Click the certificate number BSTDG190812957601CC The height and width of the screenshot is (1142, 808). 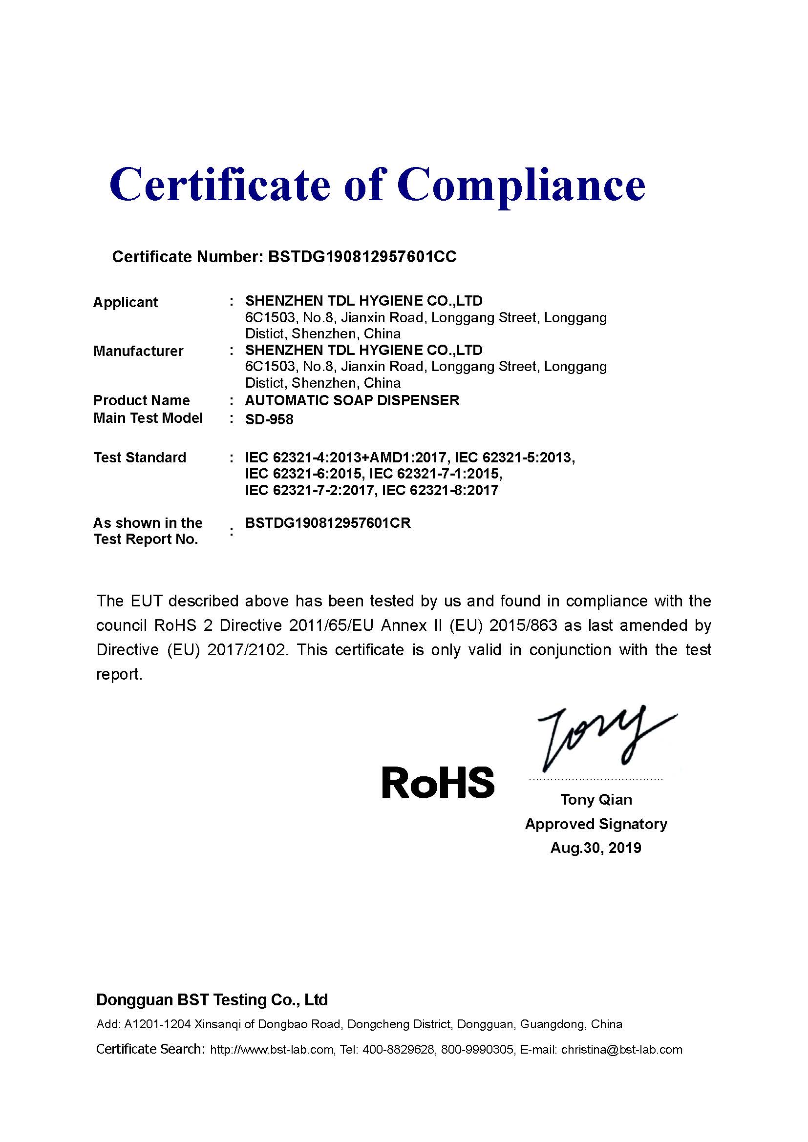(361, 257)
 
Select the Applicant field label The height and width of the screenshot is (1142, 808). (126, 302)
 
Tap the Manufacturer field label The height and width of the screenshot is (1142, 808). (138, 351)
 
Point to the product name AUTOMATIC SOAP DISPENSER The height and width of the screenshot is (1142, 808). (352, 400)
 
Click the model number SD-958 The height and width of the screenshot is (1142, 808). (269, 419)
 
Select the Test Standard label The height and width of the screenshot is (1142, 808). (140, 457)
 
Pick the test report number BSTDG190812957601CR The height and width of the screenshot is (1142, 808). (328, 523)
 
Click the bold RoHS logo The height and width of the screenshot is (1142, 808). (438, 782)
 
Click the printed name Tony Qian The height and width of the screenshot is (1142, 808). (596, 799)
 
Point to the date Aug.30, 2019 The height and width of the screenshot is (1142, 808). (595, 848)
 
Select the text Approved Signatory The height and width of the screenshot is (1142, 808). (595, 824)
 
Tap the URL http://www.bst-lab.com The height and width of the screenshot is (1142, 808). (272, 1050)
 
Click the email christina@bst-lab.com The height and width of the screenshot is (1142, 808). (621, 1050)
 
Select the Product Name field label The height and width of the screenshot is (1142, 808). (141, 400)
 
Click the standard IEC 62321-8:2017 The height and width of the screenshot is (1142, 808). (439, 490)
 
